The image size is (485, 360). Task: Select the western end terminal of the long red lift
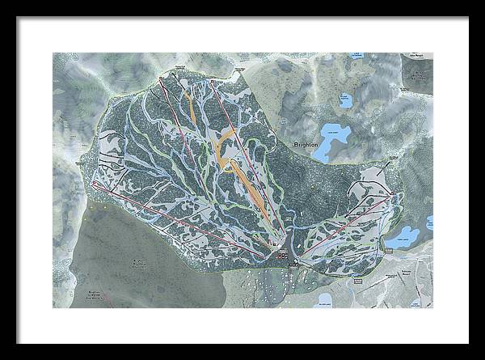[94, 184]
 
